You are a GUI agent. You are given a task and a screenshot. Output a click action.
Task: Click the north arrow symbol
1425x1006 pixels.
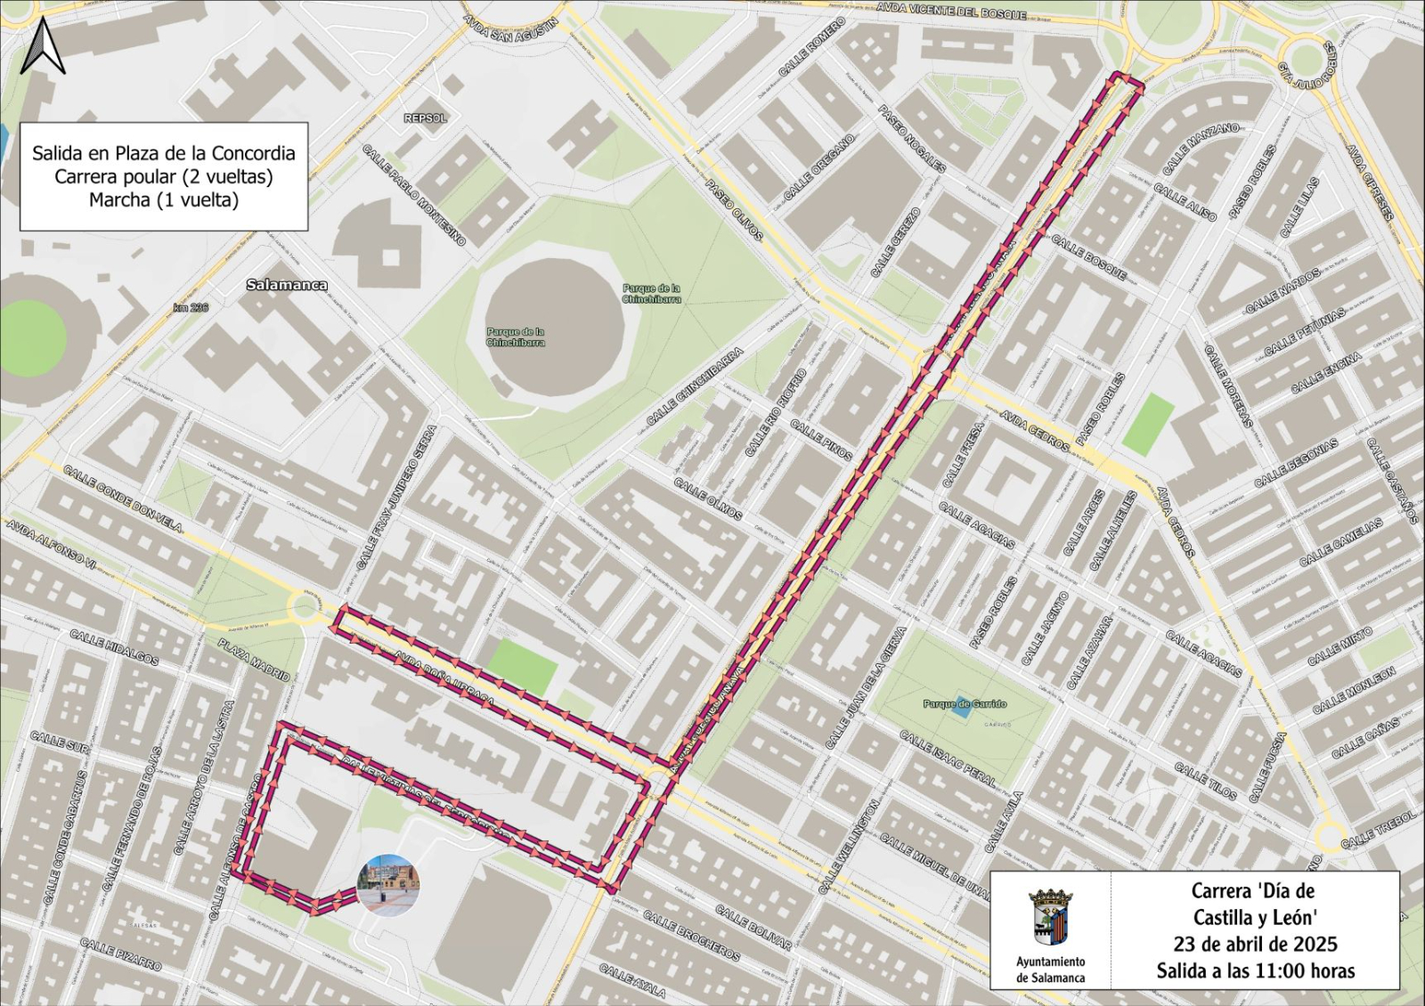(x=43, y=46)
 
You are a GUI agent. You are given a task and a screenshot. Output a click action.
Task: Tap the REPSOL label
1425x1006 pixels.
(x=425, y=118)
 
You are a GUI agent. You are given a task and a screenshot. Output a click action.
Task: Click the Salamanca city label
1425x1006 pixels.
(x=286, y=285)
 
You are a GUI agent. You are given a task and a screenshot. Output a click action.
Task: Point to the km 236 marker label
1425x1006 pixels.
(x=191, y=307)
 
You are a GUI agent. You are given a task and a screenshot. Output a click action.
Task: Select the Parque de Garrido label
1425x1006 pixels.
(x=965, y=703)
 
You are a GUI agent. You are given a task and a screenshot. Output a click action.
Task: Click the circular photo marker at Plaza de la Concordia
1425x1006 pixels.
(x=387, y=885)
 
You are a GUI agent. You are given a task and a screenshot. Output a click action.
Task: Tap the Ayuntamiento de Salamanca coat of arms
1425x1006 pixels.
(x=1050, y=917)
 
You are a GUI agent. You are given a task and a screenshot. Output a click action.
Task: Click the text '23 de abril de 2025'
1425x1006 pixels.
(x=1255, y=944)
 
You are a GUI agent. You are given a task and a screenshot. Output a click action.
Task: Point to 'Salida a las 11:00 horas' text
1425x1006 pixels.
(x=1255, y=970)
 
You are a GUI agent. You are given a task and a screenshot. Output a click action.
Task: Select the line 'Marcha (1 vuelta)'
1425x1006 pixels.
(x=164, y=199)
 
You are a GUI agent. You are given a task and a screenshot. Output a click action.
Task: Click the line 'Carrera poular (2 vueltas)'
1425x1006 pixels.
(x=164, y=176)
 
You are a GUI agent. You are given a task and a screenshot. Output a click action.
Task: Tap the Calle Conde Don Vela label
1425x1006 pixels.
(x=123, y=499)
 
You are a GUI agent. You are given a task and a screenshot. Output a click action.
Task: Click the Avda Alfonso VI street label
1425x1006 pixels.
(x=52, y=545)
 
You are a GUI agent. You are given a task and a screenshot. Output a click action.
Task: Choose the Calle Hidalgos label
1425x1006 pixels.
(x=114, y=648)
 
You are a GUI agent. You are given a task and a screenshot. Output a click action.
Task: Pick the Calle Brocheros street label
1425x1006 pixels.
(x=691, y=935)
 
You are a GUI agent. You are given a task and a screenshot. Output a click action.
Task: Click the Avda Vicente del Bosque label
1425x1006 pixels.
(x=951, y=11)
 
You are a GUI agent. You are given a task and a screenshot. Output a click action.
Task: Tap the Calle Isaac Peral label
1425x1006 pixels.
(x=948, y=759)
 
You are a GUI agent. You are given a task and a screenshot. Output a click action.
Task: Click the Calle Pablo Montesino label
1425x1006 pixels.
(x=413, y=195)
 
